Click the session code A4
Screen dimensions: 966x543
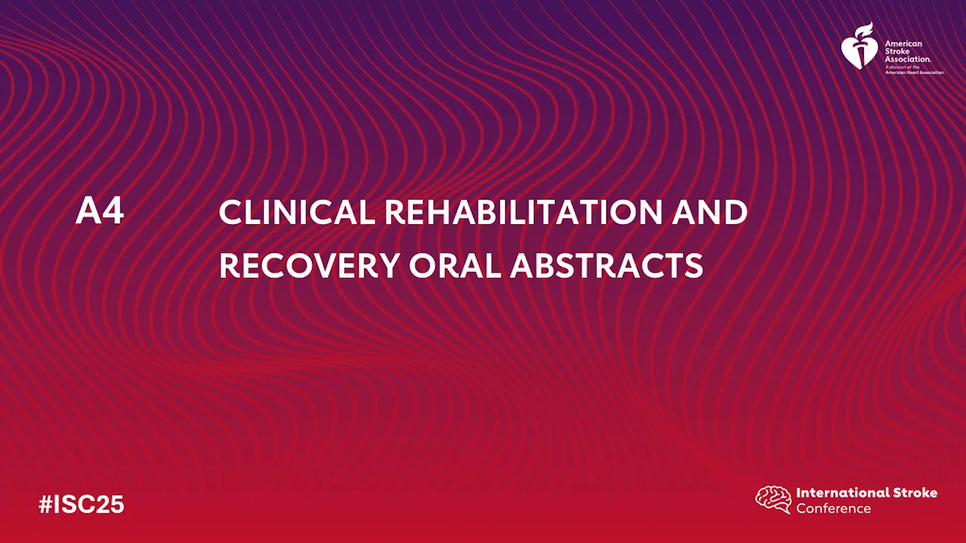point(100,210)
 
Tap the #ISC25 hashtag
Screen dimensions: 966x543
point(82,504)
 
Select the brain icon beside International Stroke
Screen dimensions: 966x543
point(773,499)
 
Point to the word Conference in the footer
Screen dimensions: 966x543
point(833,508)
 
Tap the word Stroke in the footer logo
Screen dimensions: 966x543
point(915,493)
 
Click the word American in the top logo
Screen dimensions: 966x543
point(904,44)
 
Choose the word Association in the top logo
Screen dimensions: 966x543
point(908,59)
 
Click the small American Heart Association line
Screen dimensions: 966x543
point(915,72)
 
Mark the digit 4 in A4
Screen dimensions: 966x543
point(113,210)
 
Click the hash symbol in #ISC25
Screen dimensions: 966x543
point(46,504)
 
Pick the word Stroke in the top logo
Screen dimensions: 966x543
point(898,51)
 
